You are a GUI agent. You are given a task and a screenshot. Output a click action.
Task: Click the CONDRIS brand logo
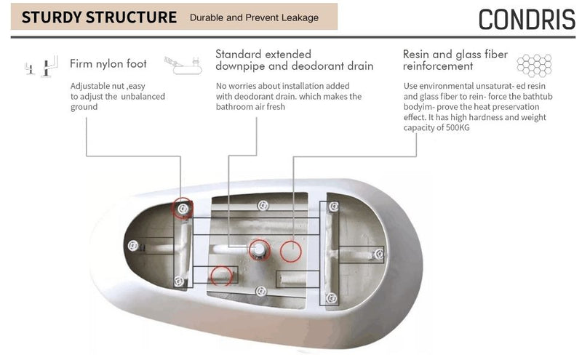click(527, 20)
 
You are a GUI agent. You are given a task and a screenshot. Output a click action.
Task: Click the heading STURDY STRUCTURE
click(99, 17)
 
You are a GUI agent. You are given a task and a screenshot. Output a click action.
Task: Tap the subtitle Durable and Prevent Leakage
click(254, 17)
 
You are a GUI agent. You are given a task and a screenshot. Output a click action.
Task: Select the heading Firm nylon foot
click(108, 63)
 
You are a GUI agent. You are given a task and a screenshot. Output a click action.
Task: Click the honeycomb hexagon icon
click(534, 65)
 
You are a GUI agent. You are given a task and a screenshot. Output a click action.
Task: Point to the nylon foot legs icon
click(41, 66)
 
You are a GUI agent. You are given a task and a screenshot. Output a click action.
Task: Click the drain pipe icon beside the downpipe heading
click(183, 65)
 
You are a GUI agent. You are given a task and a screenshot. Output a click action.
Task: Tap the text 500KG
click(458, 128)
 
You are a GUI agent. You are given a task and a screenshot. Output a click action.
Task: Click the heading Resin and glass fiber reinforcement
click(455, 60)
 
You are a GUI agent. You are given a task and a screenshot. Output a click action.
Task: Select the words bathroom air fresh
click(250, 107)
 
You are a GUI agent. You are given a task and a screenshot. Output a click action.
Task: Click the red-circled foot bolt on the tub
click(183, 209)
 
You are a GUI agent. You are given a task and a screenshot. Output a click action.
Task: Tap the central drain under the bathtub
click(259, 249)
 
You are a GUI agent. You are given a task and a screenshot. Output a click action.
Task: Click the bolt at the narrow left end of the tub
click(133, 245)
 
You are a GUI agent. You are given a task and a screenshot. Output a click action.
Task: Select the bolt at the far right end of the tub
click(378, 254)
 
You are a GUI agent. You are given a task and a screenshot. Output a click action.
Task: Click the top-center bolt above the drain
click(263, 205)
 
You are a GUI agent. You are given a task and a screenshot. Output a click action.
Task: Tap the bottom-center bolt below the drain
click(261, 292)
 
